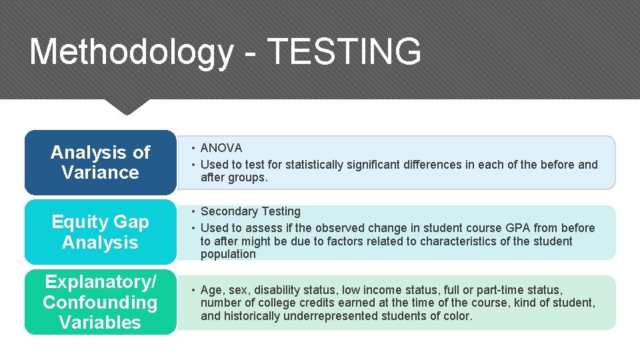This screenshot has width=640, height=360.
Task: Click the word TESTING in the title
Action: pyautogui.click(x=344, y=51)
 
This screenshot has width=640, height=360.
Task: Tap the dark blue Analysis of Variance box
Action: pyautogui.click(x=100, y=163)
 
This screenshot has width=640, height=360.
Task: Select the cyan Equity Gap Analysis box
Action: pyautogui.click(x=100, y=232)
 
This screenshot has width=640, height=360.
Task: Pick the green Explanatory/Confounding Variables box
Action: pyautogui.click(x=100, y=302)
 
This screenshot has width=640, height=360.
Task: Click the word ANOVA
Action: pyautogui.click(x=221, y=148)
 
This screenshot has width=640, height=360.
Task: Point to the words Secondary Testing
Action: pyautogui.click(x=251, y=211)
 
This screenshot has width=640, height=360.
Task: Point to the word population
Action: pyautogui.click(x=228, y=254)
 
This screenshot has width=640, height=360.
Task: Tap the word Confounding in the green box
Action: pyautogui.click(x=100, y=302)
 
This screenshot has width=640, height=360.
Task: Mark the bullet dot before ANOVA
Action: pyautogui.click(x=191, y=148)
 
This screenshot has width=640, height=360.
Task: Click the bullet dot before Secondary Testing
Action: pyautogui.click(x=191, y=211)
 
